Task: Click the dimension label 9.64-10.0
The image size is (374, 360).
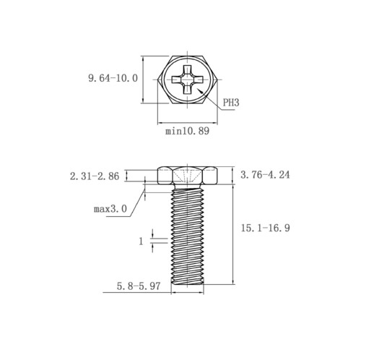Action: [x=113, y=78]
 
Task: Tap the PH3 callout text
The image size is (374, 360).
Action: [x=231, y=103]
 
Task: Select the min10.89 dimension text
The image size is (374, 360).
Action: [x=187, y=131]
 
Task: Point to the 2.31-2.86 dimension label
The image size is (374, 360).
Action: [x=95, y=176]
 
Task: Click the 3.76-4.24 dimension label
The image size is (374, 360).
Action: [x=265, y=175]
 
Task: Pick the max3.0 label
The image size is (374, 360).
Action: [x=110, y=209]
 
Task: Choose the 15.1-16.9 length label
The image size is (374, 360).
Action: [x=266, y=228]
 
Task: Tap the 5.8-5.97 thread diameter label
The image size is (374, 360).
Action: [x=139, y=286]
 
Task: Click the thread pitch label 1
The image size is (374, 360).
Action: [x=141, y=241]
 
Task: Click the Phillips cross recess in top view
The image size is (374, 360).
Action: [x=187, y=80]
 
